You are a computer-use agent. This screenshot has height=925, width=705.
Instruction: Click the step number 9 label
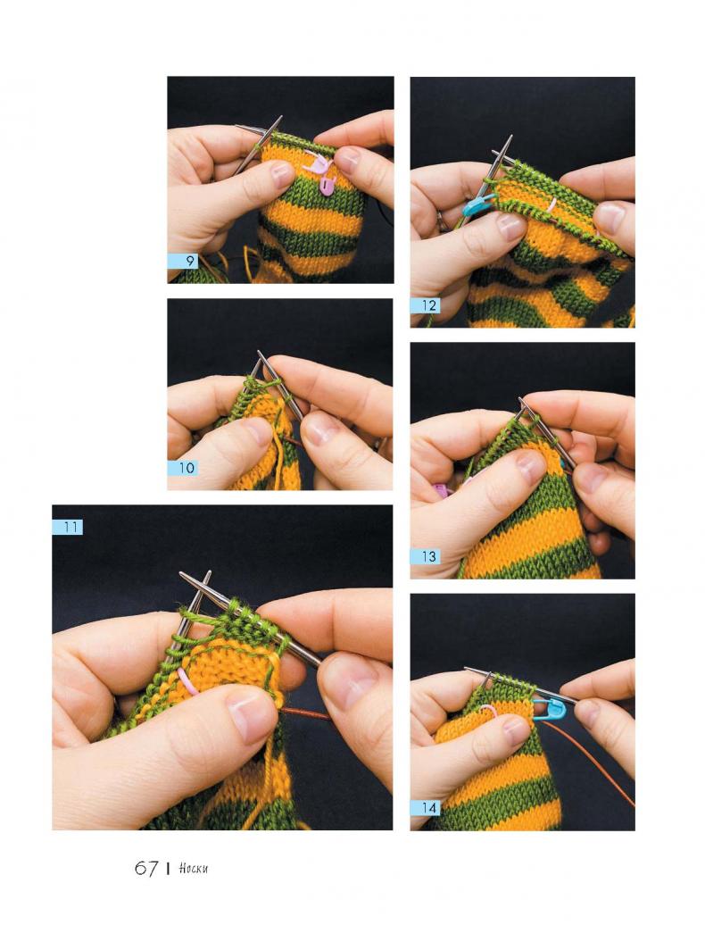[x=183, y=261]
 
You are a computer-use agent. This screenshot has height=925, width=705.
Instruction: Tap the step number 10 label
[x=183, y=469]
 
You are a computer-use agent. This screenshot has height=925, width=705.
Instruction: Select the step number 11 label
[x=68, y=527]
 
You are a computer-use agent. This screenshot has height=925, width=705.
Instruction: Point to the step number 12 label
[x=426, y=305]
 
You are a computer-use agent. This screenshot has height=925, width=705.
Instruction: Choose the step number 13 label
[x=426, y=556]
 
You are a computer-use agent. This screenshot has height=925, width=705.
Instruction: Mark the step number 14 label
[x=426, y=807]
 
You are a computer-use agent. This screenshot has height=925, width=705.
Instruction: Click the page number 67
[x=146, y=869]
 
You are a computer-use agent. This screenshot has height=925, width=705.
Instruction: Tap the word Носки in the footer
[x=194, y=869]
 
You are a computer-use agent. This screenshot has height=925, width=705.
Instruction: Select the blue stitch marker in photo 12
[x=478, y=205]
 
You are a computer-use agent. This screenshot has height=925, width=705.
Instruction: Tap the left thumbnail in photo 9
[x=282, y=173]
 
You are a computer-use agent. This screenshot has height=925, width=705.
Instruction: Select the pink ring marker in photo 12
[x=552, y=205]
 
